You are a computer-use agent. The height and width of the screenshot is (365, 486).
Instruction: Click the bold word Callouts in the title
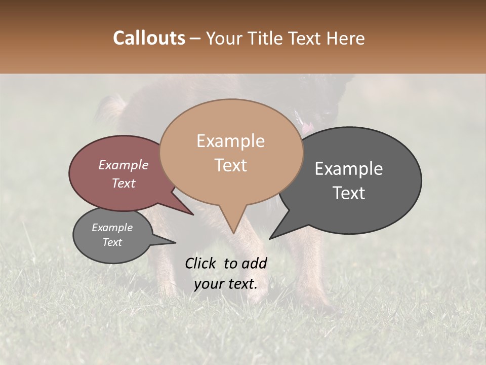click(149, 38)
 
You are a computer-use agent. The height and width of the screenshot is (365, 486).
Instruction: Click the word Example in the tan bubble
click(230, 141)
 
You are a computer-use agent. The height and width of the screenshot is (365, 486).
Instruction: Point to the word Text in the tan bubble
click(230, 165)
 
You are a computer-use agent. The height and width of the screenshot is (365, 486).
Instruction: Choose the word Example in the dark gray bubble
click(349, 169)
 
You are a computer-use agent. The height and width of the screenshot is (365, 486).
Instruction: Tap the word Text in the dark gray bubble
click(349, 193)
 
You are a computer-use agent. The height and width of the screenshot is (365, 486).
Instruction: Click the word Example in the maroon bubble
click(124, 165)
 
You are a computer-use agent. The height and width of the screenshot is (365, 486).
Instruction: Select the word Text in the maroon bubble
click(124, 183)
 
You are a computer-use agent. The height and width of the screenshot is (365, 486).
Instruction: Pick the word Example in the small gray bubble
click(112, 228)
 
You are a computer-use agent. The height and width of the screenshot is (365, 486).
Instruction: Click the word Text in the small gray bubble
click(112, 242)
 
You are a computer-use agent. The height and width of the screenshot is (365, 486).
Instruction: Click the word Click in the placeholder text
click(201, 263)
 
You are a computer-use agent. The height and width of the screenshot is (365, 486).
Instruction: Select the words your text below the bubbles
click(226, 284)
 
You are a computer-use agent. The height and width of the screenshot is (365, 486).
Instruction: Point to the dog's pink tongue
click(307, 128)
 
